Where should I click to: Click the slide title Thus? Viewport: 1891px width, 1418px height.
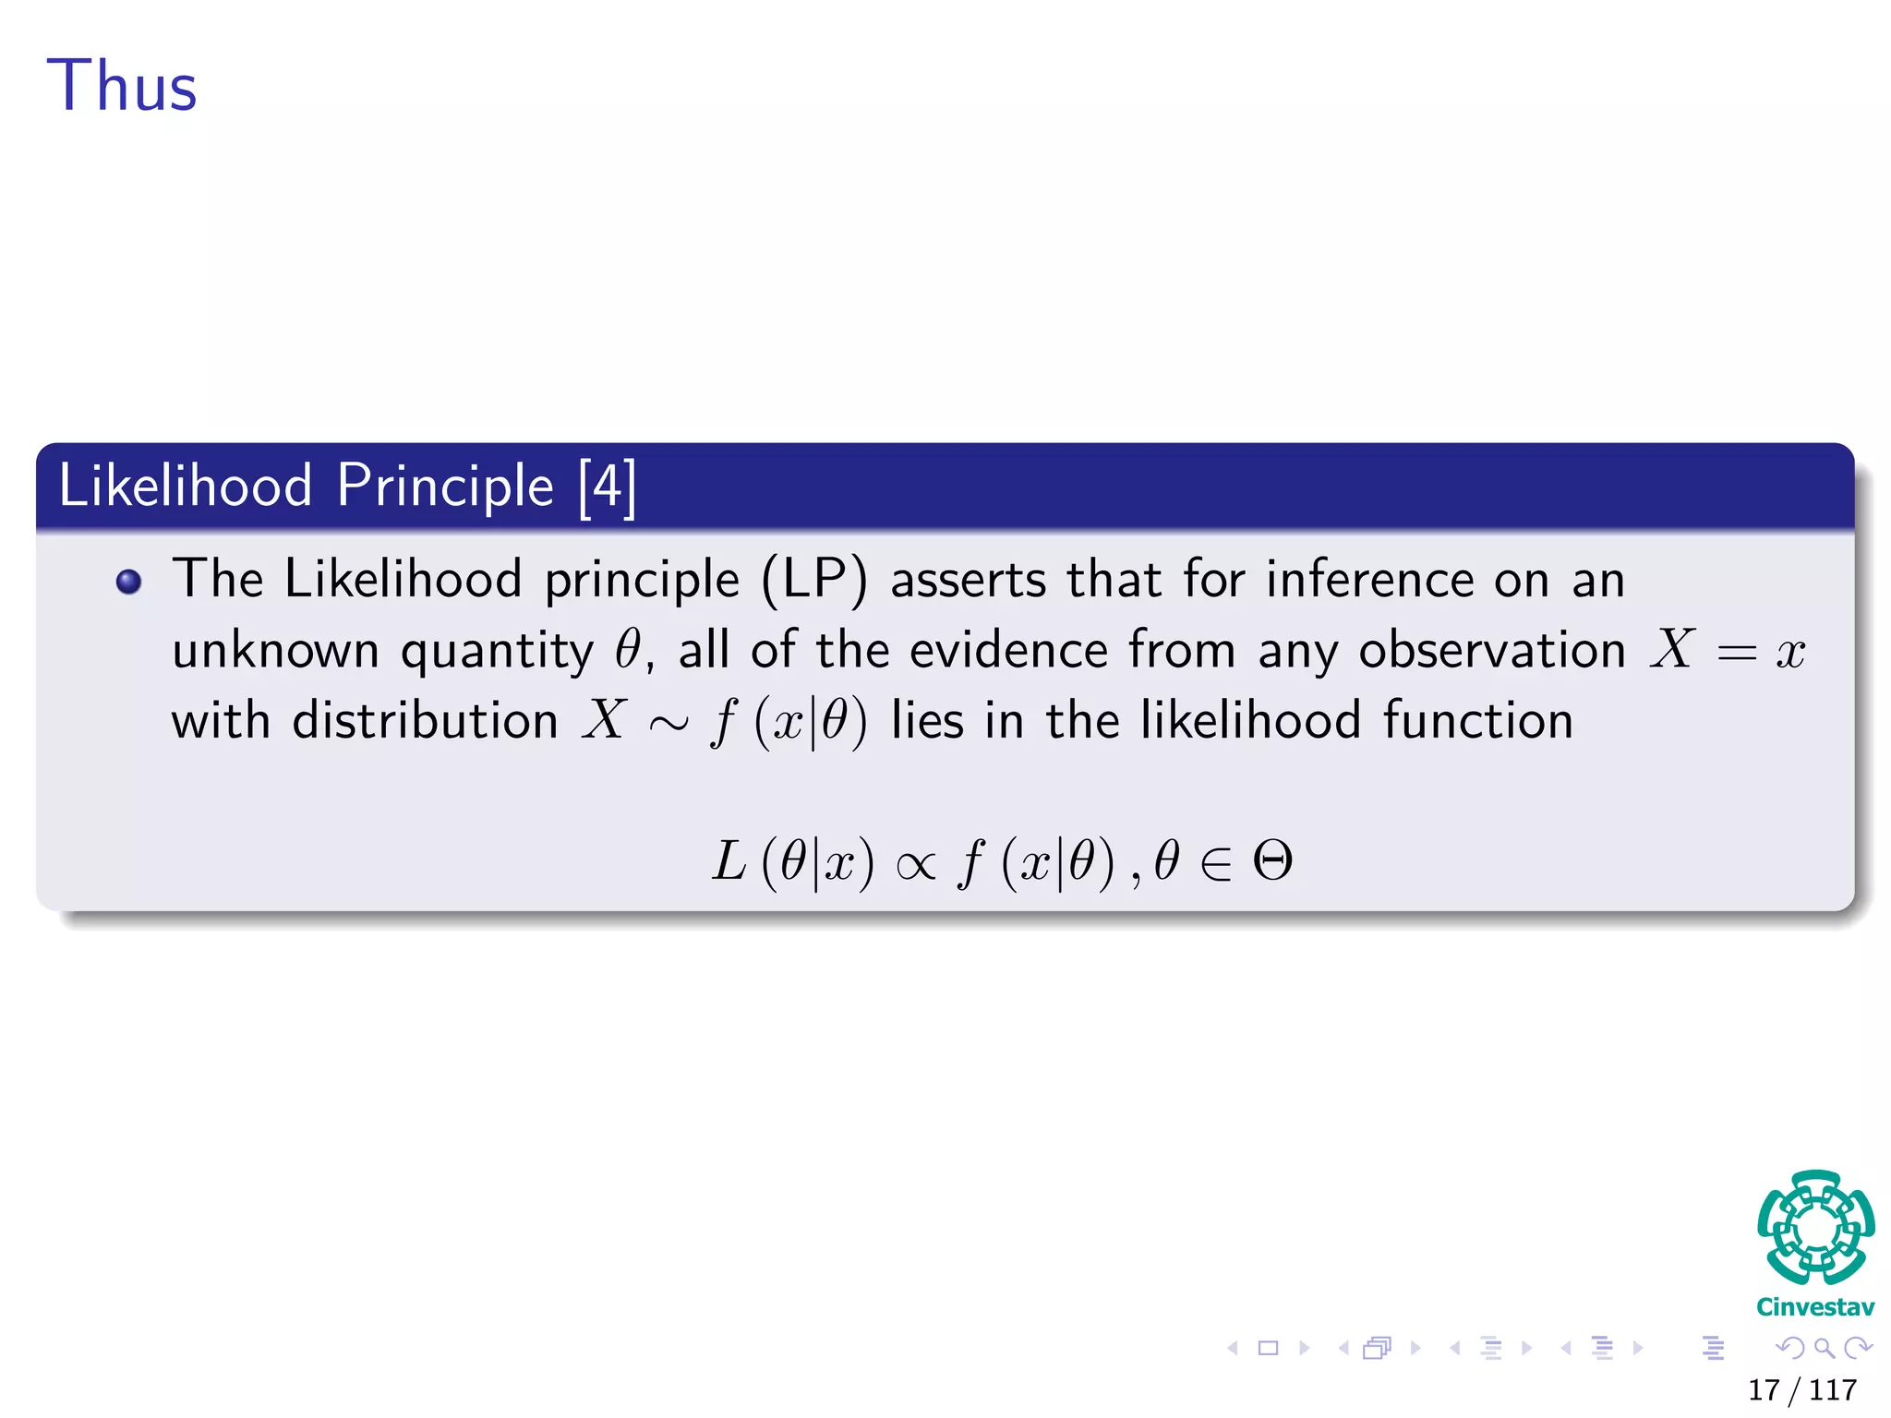(122, 86)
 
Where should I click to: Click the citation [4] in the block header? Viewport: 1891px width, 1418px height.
(608, 487)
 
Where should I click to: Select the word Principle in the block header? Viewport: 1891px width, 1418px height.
(445, 487)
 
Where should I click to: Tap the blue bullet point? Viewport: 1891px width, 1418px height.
(129, 582)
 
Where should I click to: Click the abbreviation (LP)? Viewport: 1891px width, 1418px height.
(814, 581)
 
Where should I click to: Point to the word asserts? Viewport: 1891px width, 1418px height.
(969, 581)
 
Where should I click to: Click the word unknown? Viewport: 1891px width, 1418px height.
(275, 651)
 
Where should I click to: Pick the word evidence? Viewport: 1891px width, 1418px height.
(1008, 651)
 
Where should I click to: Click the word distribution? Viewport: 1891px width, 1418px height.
(425, 721)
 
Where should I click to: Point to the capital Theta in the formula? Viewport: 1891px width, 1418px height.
(1272, 861)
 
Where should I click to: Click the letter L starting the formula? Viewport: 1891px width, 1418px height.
(729, 861)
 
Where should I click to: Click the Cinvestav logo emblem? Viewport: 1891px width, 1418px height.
(1815, 1228)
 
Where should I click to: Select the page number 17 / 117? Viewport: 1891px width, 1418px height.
(1801, 1389)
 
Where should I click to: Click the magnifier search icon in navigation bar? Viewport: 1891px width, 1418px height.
(1824, 1349)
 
